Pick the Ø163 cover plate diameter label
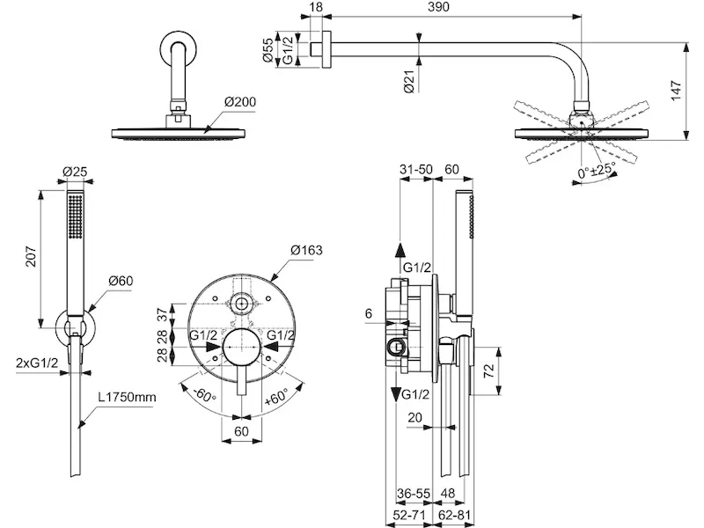click(x=308, y=251)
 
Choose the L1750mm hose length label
click(x=127, y=398)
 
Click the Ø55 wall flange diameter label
click(x=269, y=48)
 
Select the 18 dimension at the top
click(x=316, y=7)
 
